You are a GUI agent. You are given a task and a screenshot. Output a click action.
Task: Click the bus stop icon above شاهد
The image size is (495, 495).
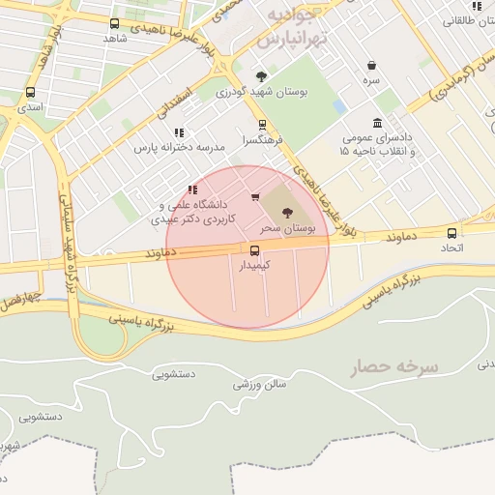pyautogui.click(x=115, y=23)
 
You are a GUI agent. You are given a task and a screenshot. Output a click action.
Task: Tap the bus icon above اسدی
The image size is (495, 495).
pyautogui.click(x=30, y=93)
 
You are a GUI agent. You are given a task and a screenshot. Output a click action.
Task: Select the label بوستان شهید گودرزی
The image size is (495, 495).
pyautogui.click(x=261, y=93)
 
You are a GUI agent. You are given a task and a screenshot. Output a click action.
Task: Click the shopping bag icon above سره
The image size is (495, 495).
pyautogui.click(x=372, y=66)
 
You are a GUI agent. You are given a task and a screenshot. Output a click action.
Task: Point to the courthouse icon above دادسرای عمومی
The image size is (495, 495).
pyautogui.click(x=376, y=123)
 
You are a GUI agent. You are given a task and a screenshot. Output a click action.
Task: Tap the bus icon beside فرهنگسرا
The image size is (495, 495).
pyautogui.click(x=262, y=125)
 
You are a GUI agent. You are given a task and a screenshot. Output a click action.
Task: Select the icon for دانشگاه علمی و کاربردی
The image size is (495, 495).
pyautogui.click(x=192, y=189)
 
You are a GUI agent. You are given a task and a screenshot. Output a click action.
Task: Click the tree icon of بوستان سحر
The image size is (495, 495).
pyautogui.click(x=286, y=212)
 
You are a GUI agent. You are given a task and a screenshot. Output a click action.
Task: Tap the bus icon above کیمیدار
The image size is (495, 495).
pyautogui.click(x=255, y=249)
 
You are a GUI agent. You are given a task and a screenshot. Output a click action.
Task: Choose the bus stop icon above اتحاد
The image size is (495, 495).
pyautogui.click(x=451, y=233)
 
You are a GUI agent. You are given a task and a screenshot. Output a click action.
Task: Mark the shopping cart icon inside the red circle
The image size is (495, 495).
pyautogui.click(x=255, y=197)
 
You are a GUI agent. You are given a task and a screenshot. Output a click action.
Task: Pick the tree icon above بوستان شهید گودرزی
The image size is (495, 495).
pyautogui.click(x=261, y=77)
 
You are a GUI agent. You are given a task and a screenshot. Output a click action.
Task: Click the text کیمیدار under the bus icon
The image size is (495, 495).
pyautogui.click(x=255, y=264)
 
